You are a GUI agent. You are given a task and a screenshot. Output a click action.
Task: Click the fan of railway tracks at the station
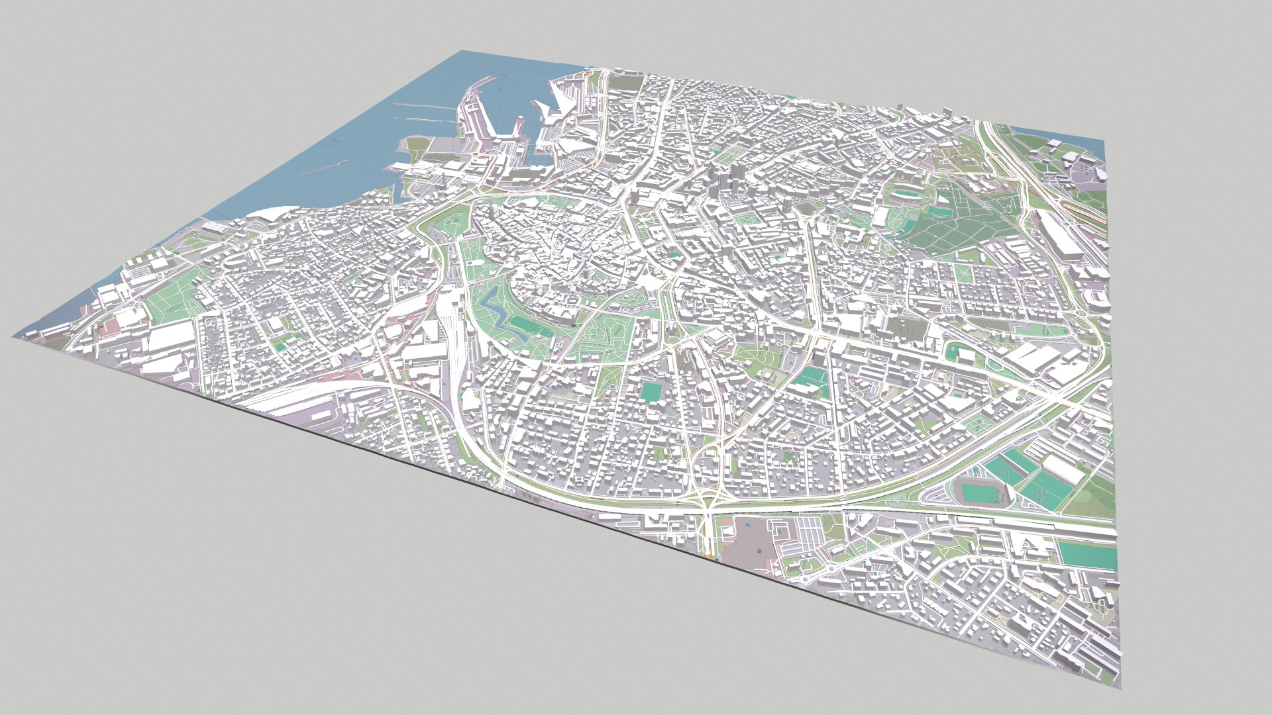(457, 331)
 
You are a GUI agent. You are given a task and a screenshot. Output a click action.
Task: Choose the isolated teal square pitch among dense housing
(650, 392)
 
